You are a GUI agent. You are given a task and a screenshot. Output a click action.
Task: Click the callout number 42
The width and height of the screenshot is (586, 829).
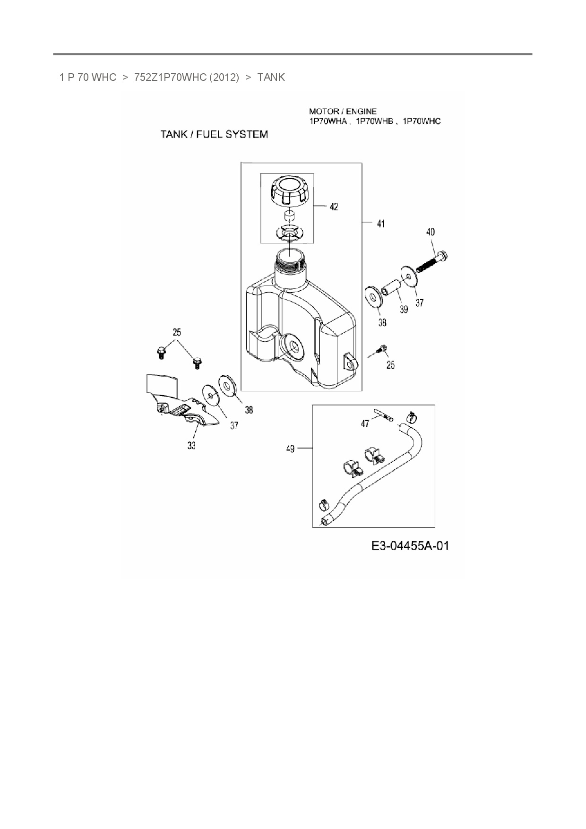coord(334,207)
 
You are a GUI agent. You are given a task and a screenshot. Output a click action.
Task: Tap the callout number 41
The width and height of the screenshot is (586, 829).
coord(381,223)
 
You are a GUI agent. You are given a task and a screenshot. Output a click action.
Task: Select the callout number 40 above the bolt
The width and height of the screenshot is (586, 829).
coord(430,232)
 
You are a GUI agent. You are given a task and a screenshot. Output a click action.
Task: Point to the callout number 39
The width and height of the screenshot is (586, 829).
coord(404,309)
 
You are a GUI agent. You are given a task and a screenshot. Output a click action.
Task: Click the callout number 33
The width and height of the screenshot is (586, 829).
coord(191,445)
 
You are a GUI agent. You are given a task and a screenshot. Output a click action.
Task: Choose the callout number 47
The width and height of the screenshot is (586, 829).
coord(365,424)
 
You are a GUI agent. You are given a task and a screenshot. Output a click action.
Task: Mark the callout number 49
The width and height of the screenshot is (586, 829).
coord(290,449)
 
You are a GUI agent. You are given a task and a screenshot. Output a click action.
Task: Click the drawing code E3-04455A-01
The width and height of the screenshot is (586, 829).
coord(410,546)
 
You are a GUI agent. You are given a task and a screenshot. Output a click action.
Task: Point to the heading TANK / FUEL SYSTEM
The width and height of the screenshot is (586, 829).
coord(214,135)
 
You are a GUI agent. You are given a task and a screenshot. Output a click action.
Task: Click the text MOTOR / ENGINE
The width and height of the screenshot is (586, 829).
coord(343,112)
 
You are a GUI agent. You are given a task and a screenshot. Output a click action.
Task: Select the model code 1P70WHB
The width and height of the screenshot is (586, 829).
coord(375,121)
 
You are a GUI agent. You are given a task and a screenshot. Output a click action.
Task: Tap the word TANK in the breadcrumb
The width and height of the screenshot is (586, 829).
coord(271,78)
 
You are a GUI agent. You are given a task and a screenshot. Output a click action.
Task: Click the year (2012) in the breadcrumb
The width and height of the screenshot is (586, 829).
coord(224,78)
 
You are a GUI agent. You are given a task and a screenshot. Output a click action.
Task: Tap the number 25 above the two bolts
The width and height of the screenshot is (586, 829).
coord(177,332)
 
